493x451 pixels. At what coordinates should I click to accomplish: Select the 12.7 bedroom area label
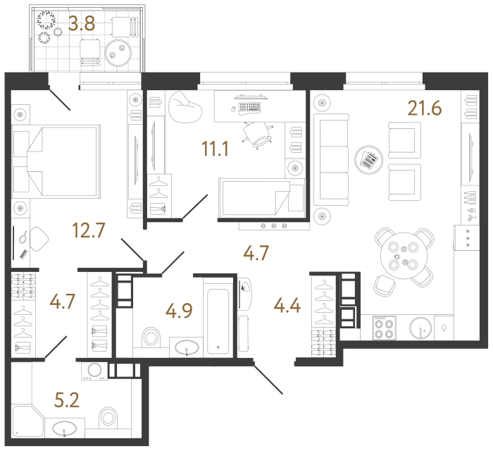pos(89,230)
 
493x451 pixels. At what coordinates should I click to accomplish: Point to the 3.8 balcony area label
pos(82,24)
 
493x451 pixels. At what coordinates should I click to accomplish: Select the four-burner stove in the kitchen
pos(385,328)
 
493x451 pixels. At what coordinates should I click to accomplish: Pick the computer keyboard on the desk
pos(249,108)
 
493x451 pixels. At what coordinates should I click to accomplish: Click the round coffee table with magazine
pos(368,159)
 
